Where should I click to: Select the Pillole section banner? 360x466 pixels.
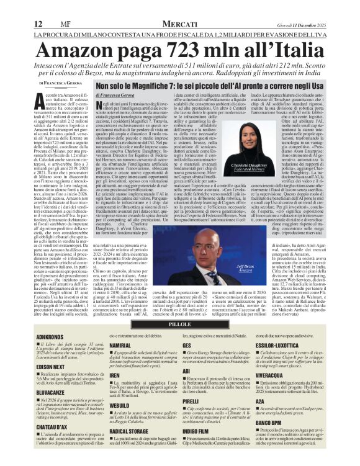[181, 324]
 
